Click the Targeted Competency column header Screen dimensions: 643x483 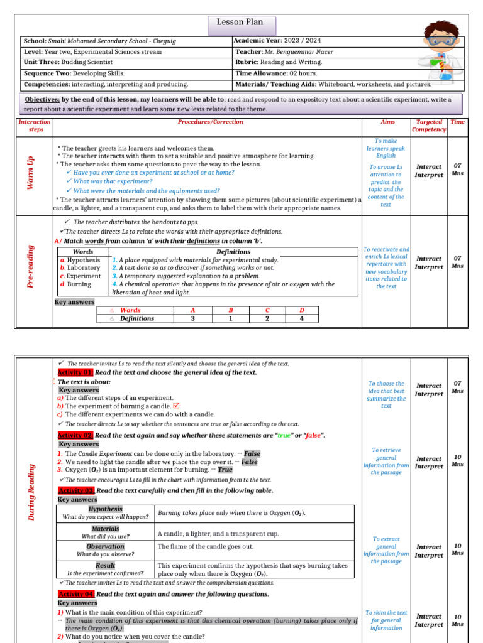click(429, 126)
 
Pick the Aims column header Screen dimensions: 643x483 click(388, 122)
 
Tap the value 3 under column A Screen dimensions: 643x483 click(192, 318)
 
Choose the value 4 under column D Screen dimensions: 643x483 click(301, 318)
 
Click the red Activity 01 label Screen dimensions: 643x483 click(75, 372)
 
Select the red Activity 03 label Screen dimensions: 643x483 click(75, 490)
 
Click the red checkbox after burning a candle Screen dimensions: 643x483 click(158, 406)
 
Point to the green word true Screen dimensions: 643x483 click(284, 435)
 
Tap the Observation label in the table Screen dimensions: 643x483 click(106, 546)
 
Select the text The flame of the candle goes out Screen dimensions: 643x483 click(205, 546)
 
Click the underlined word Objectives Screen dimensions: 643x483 click(42, 100)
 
